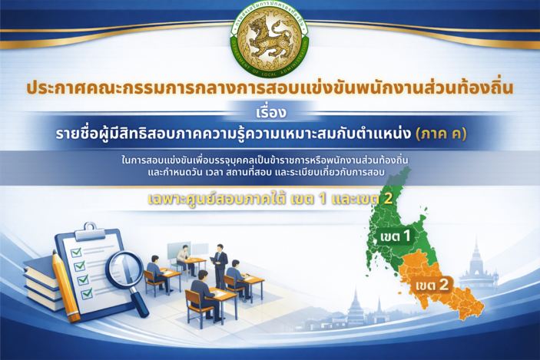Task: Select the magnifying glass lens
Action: (x=121, y=263)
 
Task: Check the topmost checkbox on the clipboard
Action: (x=76, y=253)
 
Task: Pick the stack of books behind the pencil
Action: (x=38, y=280)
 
